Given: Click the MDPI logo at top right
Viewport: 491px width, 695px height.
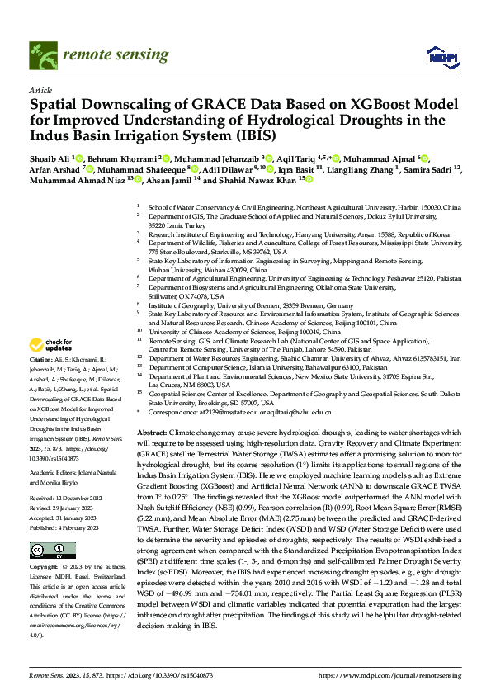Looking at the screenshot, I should pos(441,56).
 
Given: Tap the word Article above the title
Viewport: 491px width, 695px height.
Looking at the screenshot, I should pos(40,90).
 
